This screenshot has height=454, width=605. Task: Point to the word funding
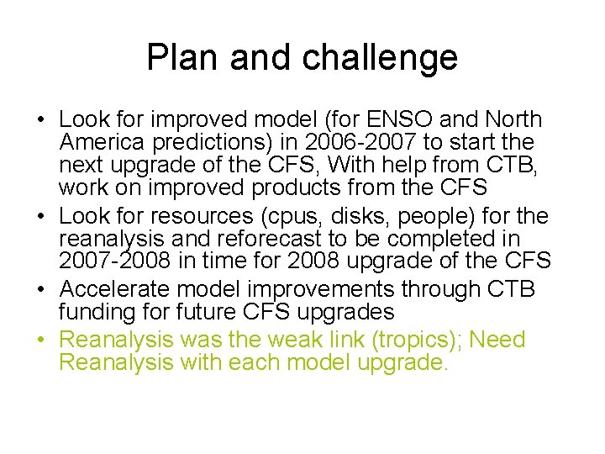91,312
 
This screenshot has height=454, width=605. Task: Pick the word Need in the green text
497,340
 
